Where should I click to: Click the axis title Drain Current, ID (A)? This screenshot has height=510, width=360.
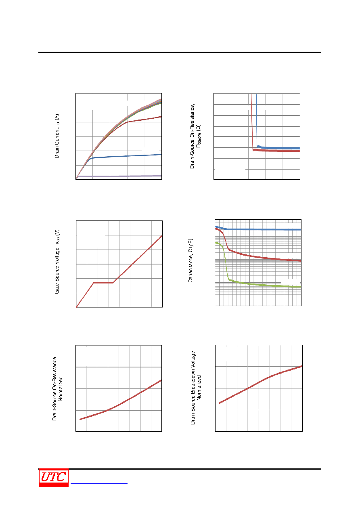pos(57,136)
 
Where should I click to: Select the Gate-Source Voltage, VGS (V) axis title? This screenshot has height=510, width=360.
pos(57,262)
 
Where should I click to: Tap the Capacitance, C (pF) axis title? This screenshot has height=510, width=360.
pos(190,260)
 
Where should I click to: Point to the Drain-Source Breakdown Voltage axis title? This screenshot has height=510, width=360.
pos(193,388)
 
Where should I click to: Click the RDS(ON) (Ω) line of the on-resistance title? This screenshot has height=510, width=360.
pos(199,136)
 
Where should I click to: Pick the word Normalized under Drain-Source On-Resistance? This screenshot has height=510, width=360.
pos(60,388)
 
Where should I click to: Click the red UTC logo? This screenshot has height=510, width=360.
pos(54,478)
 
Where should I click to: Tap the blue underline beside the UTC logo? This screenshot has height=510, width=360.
pos(99,484)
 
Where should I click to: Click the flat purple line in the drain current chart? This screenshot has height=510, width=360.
pos(119,176)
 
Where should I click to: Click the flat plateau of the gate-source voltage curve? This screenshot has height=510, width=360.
pos(103,283)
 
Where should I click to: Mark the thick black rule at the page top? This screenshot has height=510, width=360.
pos(180,52)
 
